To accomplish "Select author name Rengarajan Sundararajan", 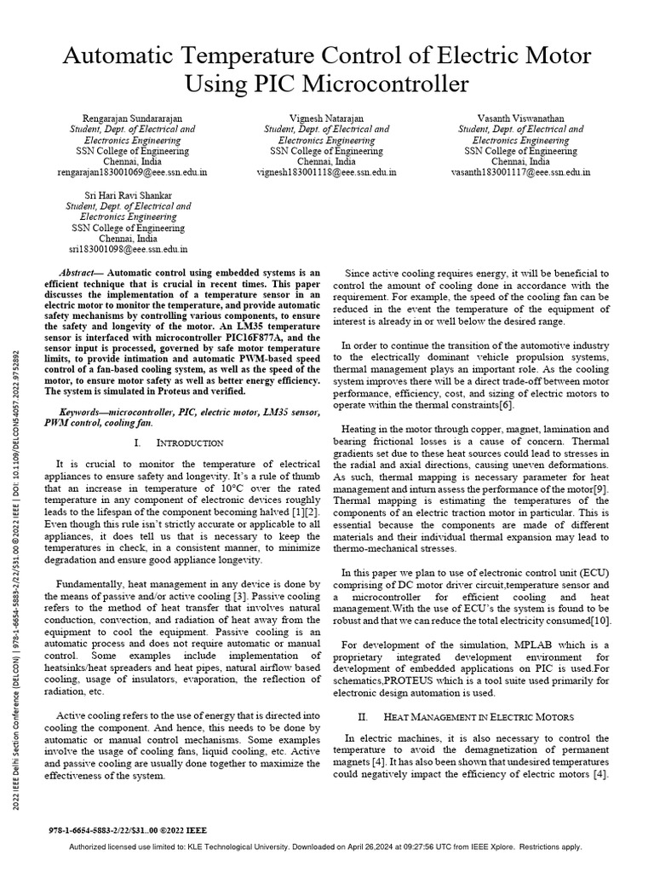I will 131,118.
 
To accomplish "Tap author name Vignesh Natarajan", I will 326,118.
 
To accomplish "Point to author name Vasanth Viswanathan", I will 520,118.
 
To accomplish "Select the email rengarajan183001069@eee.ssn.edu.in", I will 131,171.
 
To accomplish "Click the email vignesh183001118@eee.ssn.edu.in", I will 326,171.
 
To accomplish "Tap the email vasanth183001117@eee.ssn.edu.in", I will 520,171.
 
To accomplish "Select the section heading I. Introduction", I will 179,444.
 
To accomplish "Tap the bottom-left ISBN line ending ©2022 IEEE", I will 129,830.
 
